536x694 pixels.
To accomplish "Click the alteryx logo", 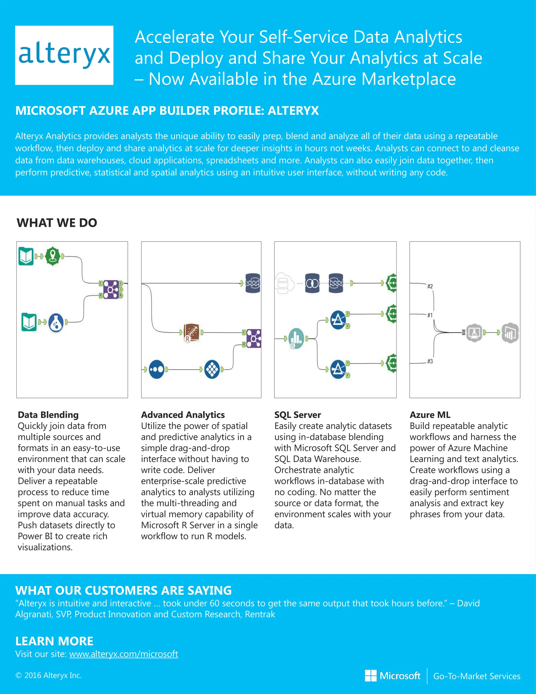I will coord(64,55).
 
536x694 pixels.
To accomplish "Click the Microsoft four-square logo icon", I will coord(371,676).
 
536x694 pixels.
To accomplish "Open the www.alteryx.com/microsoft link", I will coord(124,654).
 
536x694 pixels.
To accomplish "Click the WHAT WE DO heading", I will coord(57,223).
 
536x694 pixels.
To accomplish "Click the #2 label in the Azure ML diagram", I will coord(430,286).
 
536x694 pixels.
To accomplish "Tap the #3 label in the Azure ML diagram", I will coord(430,361).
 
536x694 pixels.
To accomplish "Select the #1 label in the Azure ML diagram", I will coord(430,315).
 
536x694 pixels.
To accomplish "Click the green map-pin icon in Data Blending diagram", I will coord(53,256).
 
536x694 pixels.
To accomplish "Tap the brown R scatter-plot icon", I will coord(192,333).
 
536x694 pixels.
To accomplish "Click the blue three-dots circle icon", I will coord(157,369).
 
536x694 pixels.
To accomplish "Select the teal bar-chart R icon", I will coord(296,338).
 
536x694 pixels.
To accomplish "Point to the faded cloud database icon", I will coord(283,283).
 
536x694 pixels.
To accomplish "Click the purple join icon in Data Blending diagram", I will coord(110,289).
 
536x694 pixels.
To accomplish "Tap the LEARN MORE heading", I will coord(54,641).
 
